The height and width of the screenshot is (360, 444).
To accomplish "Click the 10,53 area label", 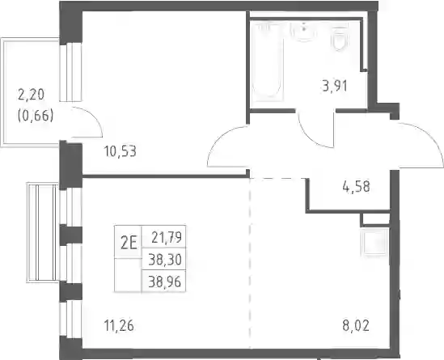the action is pos(121,151).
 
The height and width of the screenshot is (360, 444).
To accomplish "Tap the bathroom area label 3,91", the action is pos(335,86).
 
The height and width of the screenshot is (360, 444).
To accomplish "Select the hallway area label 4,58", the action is pos(356,187).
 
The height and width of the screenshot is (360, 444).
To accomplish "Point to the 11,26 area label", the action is pos(119,325).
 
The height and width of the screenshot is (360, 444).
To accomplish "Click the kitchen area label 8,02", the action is pos(356,325).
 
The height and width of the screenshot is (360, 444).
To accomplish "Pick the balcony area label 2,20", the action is pos(32,95).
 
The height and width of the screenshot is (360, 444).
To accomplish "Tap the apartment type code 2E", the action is pos(129,243).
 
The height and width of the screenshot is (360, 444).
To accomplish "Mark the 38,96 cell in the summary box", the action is pos(164,282).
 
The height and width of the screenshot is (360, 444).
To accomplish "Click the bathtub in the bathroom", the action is pos(268,61).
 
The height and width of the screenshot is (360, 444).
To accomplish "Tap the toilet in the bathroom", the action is pos(340,38).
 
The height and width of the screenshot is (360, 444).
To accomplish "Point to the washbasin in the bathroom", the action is pos(304,32).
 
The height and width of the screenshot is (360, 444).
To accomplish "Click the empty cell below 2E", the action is pos(128,275).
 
